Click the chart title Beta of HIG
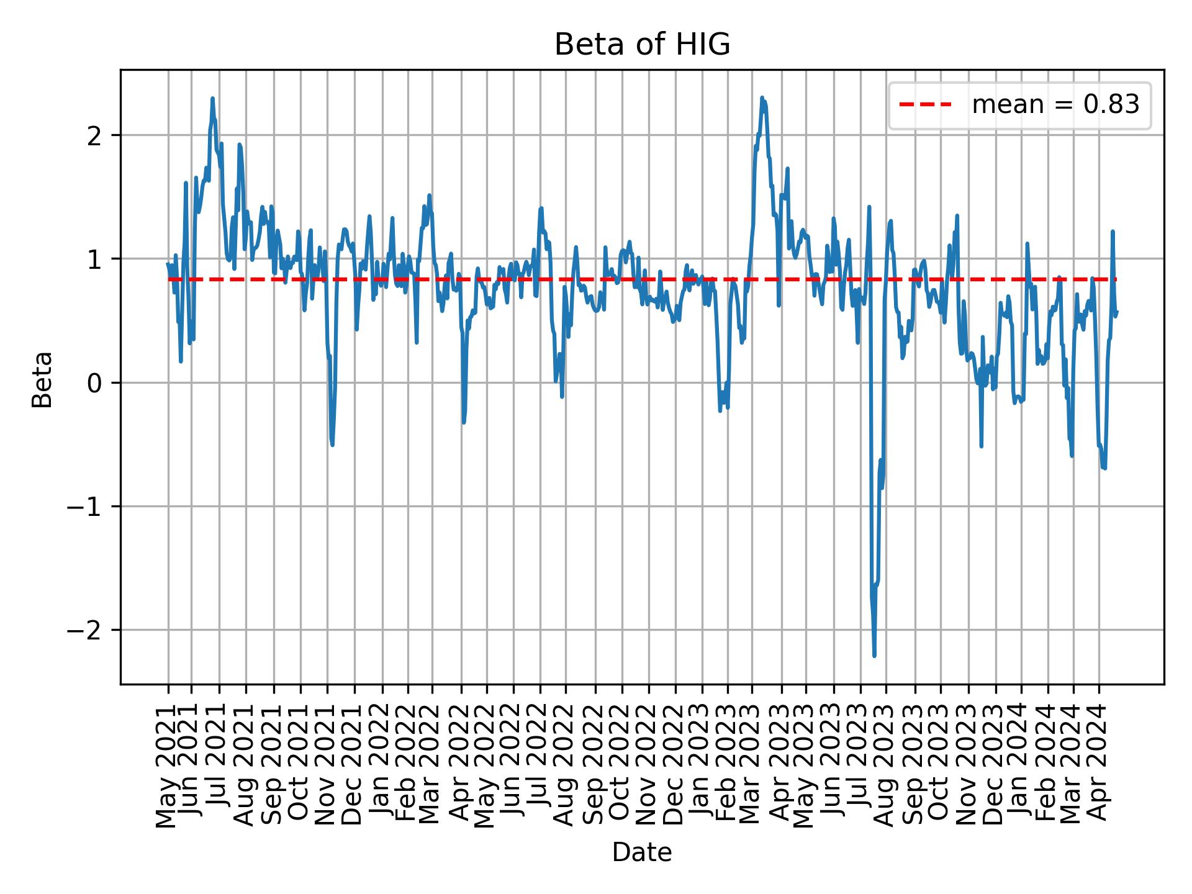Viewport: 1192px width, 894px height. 642,45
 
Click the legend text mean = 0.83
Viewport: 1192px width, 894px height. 1055,105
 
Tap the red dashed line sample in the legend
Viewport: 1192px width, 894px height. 926,105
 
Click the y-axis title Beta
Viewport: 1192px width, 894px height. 42,379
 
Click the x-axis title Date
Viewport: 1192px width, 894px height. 642,853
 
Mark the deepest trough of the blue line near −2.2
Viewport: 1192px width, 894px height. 874,656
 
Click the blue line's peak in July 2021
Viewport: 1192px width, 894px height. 212,99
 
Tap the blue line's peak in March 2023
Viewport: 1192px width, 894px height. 762,98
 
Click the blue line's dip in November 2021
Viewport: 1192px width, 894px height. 333,445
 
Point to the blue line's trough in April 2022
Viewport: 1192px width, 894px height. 464,422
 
